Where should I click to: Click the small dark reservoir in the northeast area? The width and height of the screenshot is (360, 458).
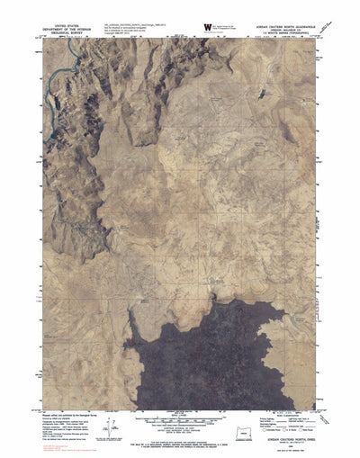pos(260,93)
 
